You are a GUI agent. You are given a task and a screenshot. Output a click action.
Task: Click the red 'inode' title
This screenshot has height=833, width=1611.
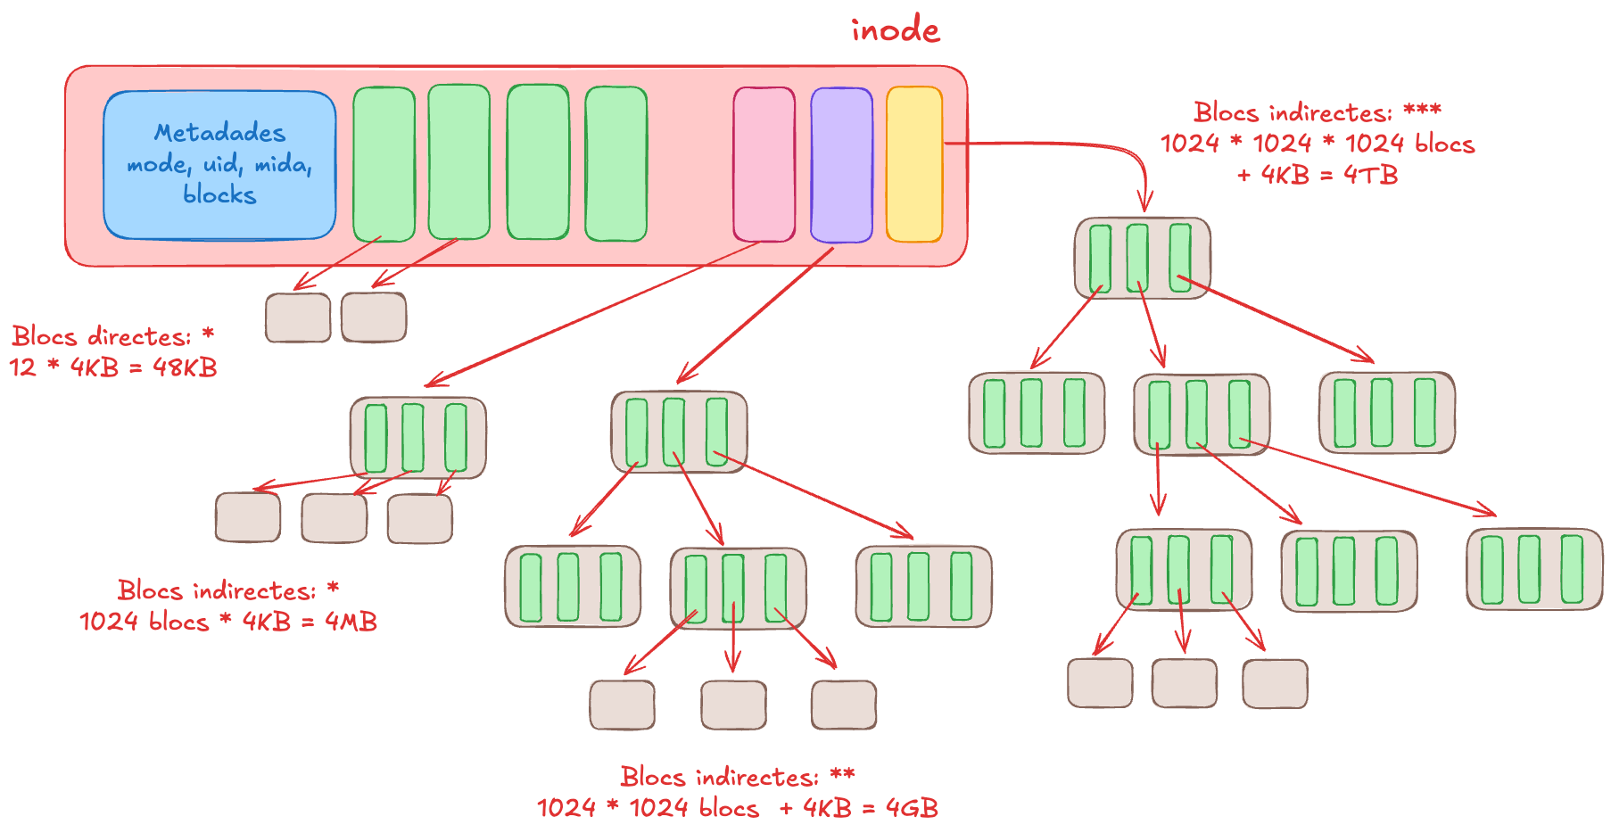click(x=895, y=30)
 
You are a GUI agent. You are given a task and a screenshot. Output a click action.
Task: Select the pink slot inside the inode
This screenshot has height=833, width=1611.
click(x=764, y=164)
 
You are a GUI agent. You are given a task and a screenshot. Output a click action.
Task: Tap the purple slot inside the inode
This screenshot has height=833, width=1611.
click(x=841, y=164)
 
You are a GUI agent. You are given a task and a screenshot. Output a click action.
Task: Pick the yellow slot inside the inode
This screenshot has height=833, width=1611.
click(x=914, y=164)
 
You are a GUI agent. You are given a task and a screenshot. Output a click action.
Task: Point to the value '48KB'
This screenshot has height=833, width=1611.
click(x=185, y=367)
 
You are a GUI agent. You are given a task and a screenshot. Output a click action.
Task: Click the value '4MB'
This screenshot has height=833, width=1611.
click(x=351, y=622)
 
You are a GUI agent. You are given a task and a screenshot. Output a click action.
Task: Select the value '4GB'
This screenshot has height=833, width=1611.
click(x=912, y=808)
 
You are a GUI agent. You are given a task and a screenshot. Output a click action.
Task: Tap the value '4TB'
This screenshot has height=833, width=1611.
click(x=1370, y=175)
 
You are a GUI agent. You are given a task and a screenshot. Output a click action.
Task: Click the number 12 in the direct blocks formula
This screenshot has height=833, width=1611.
click(x=23, y=367)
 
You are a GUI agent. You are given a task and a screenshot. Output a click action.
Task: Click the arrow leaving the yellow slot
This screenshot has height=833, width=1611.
click(x=1070, y=144)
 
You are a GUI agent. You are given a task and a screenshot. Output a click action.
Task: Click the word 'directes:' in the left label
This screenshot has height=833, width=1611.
click(x=140, y=337)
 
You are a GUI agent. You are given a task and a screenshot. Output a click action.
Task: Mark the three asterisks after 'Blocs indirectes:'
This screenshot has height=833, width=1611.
click(x=1422, y=111)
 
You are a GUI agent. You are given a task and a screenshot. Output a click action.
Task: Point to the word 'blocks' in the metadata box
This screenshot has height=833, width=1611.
click(x=219, y=194)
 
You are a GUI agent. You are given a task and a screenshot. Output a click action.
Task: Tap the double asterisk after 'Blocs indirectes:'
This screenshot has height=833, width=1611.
click(x=842, y=776)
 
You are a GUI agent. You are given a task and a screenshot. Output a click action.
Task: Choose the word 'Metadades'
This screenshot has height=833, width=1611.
click(x=219, y=133)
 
